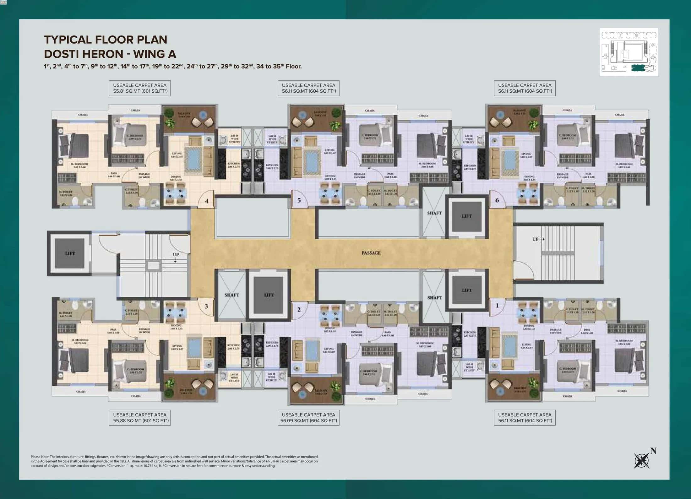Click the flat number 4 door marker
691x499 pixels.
click(207, 201)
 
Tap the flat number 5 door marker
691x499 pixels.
click(299, 200)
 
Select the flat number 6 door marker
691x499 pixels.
click(497, 200)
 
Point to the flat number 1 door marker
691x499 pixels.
click(497, 305)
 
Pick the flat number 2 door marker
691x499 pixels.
click(299, 309)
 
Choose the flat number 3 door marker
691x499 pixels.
click(206, 306)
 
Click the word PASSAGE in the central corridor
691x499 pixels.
click(371, 253)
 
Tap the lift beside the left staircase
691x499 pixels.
click(70, 253)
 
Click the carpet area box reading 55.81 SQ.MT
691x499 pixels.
click(140, 88)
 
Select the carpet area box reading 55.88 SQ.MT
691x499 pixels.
click(140, 418)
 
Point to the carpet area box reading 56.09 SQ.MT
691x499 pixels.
click(308, 418)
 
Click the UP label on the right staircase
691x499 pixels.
click(536, 239)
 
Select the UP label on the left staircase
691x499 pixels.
click(176, 255)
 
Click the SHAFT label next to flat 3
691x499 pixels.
click(232, 295)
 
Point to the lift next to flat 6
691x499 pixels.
click(467, 216)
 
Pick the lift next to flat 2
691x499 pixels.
click(269, 295)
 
